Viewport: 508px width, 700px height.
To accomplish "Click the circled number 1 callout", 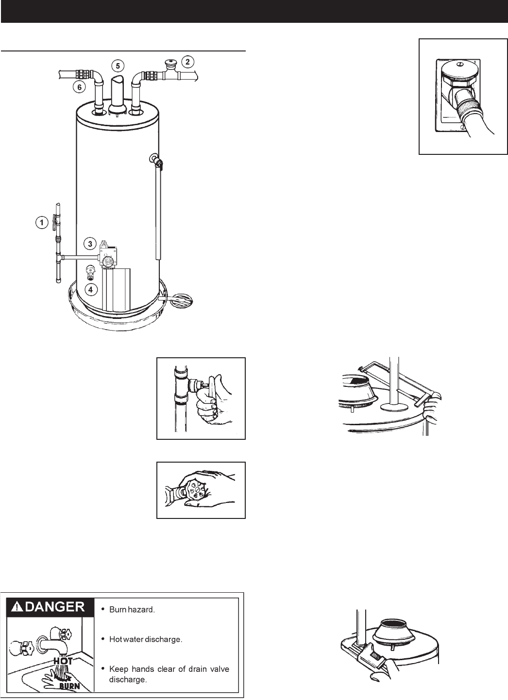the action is pos(41,223).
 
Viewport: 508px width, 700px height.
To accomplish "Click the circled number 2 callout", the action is pos(187,62).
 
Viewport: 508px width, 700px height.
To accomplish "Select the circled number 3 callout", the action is pos(90,243).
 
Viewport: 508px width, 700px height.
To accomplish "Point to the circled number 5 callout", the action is pos(117,65).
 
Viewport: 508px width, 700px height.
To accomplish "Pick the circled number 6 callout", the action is pos(77,87).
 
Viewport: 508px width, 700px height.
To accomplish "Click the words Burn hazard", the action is pos(132,610).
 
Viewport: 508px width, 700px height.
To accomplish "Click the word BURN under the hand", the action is pos(69,686).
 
